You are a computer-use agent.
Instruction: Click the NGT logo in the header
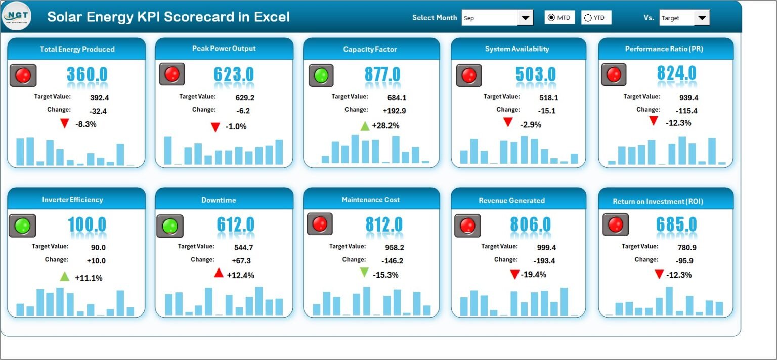[x=16, y=17]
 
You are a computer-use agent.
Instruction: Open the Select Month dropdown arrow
[x=525, y=18]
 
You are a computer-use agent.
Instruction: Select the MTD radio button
[x=551, y=18]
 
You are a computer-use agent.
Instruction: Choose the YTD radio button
[x=588, y=18]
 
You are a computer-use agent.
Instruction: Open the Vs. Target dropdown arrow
[x=702, y=18]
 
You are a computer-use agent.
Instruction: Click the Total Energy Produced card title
[x=77, y=49]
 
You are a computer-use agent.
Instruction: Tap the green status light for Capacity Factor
[x=321, y=75]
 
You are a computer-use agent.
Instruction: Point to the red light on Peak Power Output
[x=172, y=74]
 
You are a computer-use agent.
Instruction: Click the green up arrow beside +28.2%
[x=365, y=126]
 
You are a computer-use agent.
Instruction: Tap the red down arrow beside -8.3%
[x=64, y=124]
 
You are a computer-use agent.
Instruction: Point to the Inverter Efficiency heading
[x=72, y=200]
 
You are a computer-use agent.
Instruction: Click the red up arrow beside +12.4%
[x=219, y=274]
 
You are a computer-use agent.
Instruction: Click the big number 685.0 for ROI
[x=676, y=224]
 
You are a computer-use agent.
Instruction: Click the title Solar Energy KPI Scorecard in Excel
[x=168, y=17]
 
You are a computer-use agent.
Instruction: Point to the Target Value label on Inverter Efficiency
[x=50, y=246]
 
